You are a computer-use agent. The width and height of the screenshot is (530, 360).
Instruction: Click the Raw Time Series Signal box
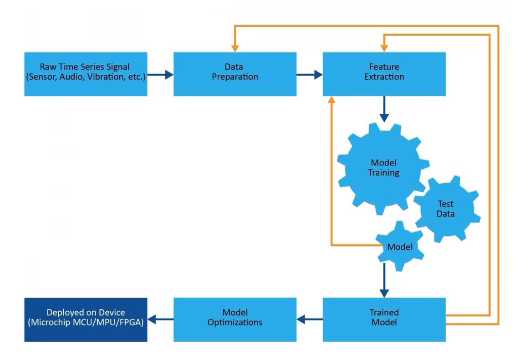coord(86,74)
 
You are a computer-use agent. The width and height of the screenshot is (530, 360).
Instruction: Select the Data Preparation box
coord(235,74)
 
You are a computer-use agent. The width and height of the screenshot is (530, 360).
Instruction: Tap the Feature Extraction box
coord(384,74)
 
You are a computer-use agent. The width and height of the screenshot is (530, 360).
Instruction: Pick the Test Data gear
coord(446,209)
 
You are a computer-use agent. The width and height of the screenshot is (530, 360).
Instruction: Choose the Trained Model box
coord(384,319)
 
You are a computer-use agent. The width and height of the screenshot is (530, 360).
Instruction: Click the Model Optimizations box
coord(235,319)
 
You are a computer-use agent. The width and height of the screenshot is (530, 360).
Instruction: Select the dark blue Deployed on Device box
coord(86,319)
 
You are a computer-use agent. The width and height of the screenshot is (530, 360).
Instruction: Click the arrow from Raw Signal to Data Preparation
coord(160,74)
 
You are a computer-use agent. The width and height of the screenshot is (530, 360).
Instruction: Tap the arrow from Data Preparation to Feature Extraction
coord(310,74)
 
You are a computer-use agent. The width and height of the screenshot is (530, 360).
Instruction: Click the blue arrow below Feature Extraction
coord(384,109)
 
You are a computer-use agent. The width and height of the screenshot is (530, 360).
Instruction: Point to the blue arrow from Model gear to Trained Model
coord(384,280)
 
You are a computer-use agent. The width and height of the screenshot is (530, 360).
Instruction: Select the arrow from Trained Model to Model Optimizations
coord(310,319)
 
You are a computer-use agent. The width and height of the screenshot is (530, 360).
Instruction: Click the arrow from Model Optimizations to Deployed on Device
coord(160,319)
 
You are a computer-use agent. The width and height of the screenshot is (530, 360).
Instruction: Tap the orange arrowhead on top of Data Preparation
coord(235,47)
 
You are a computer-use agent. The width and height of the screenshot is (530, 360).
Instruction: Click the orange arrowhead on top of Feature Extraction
coord(384,47)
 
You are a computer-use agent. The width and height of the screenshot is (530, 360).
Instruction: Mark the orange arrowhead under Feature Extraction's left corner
coord(331,101)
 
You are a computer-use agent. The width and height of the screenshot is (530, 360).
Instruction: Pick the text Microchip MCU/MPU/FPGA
coord(86,323)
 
